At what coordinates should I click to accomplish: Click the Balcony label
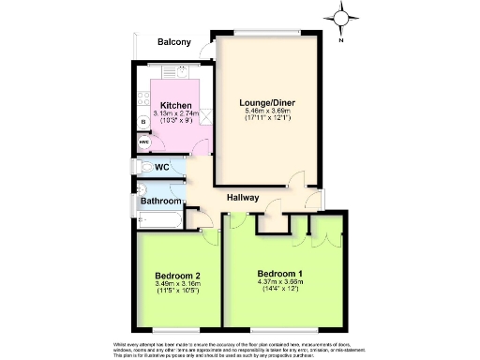point(173,42)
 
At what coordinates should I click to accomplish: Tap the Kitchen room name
point(175,105)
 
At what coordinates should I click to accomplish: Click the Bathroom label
point(161,202)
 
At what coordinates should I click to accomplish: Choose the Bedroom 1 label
point(283,274)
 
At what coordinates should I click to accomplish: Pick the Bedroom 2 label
point(177,276)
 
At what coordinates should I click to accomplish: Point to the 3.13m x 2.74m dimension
point(175,114)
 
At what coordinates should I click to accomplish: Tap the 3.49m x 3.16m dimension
point(177,284)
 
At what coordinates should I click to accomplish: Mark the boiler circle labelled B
point(143,122)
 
